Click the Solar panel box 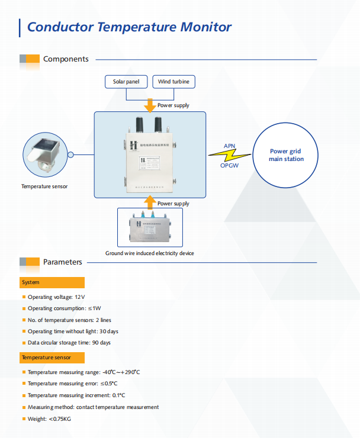point(126,82)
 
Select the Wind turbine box point(173,82)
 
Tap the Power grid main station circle point(286,155)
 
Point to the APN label point(229,146)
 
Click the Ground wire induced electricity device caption point(150,253)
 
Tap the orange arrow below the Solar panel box point(150,104)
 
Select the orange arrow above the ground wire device point(150,202)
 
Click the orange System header point(52,283)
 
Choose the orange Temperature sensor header point(52,358)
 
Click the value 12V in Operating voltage point(80,297)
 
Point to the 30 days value point(108,331)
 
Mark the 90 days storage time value point(101,343)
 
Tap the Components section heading point(66,59)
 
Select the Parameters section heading point(63,262)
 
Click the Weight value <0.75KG point(60,419)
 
